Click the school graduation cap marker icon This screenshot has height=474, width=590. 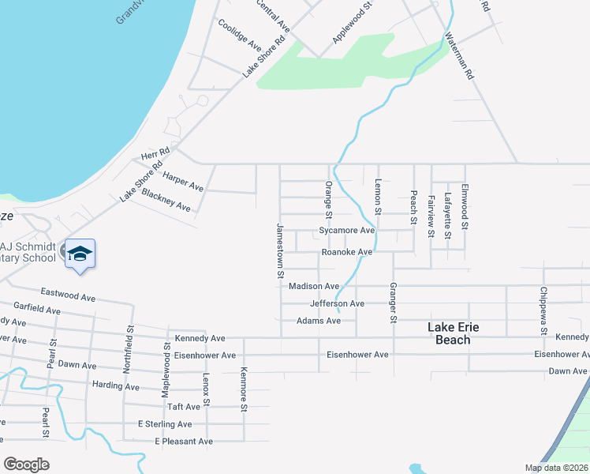[80, 254]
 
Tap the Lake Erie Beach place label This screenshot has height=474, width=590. [454, 333]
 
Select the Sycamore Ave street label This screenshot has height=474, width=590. [346, 231]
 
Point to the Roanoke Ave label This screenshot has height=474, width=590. [346, 252]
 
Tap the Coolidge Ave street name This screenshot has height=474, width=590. [239, 35]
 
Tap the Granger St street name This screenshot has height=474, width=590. [393, 303]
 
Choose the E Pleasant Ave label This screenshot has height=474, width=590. [184, 441]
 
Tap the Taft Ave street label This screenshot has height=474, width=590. [183, 407]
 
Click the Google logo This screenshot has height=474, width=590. [26, 465]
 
